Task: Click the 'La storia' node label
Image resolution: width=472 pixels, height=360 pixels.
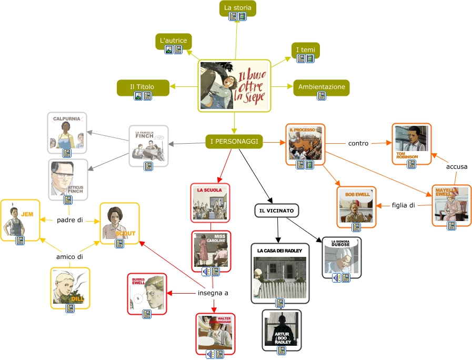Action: click(x=238, y=7)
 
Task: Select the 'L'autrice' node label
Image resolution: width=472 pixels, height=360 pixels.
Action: click(x=173, y=41)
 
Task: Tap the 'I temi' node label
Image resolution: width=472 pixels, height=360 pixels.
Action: click(x=305, y=49)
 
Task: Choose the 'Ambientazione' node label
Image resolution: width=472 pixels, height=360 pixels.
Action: click(x=321, y=86)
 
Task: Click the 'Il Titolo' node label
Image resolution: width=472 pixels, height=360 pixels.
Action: click(x=142, y=86)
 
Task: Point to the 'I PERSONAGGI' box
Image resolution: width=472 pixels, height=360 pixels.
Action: click(x=234, y=141)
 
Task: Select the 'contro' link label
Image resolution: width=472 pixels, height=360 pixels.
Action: click(x=358, y=143)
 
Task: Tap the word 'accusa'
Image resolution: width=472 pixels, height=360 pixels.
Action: click(x=457, y=167)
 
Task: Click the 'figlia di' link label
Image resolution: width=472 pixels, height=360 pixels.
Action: click(x=404, y=205)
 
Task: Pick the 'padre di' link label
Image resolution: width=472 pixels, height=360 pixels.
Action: click(x=70, y=220)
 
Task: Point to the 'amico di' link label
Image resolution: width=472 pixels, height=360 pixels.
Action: click(x=70, y=257)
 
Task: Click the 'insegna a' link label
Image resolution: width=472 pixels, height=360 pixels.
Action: click(x=213, y=293)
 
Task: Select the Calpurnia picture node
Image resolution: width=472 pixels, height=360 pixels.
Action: click(x=66, y=132)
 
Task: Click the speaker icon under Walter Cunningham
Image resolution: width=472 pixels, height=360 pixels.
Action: click(x=210, y=354)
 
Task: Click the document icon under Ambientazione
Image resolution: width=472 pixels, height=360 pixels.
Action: click(x=321, y=96)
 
